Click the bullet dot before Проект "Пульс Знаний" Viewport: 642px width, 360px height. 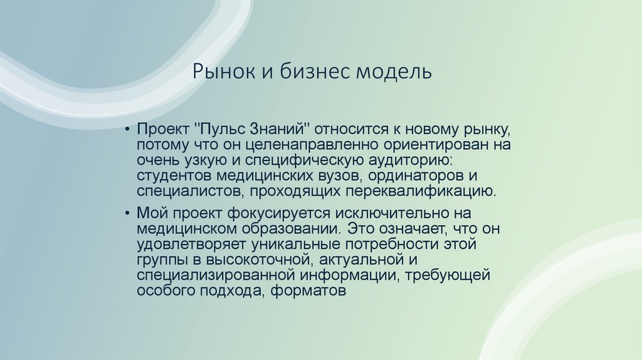point(128,129)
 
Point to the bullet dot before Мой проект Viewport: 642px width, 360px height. point(128,214)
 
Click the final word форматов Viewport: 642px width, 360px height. point(309,290)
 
